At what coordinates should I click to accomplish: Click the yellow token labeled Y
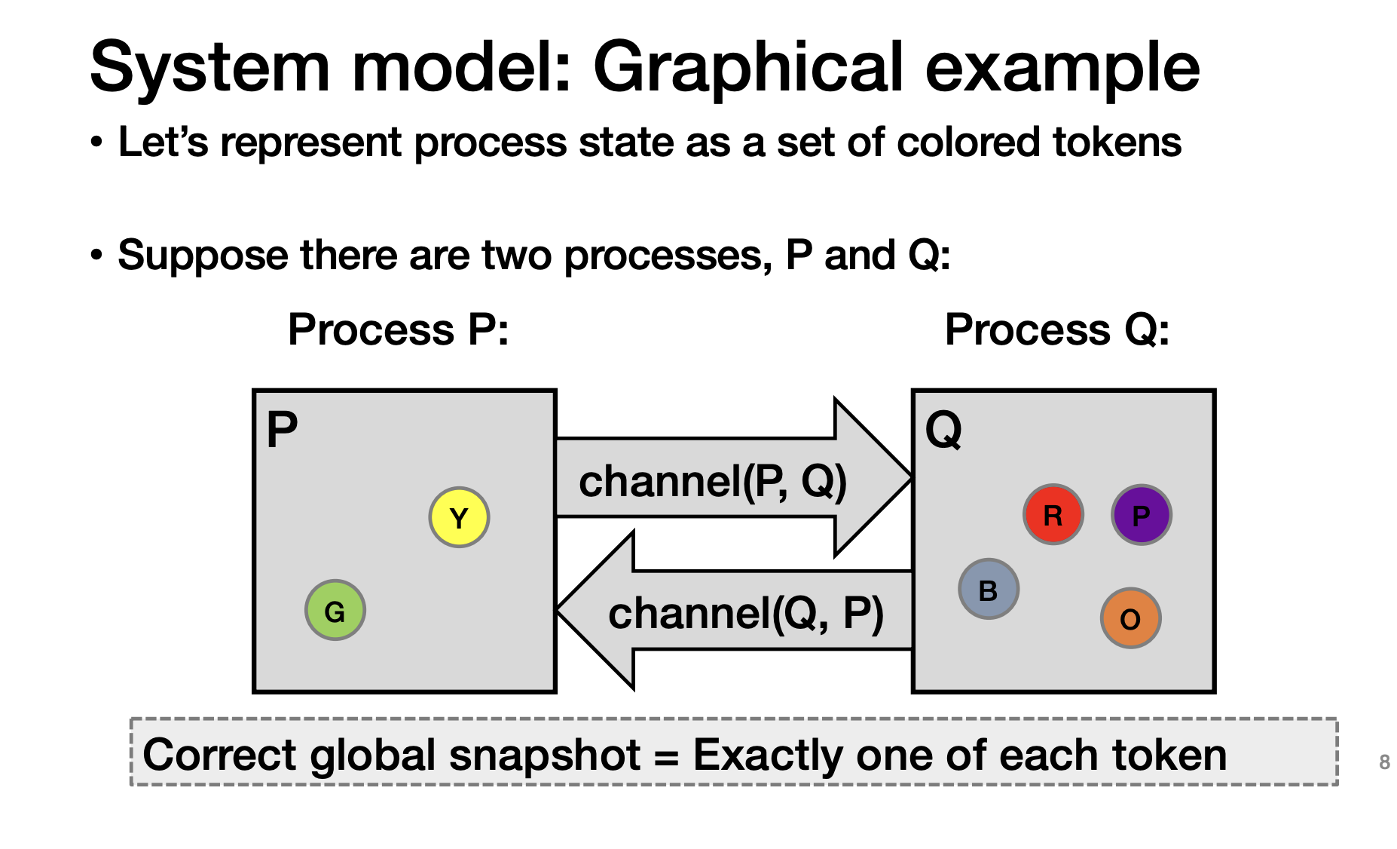click(x=459, y=517)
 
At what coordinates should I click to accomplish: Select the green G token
click(x=335, y=610)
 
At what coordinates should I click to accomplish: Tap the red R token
click(x=1053, y=514)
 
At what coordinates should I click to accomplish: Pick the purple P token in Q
click(x=1142, y=514)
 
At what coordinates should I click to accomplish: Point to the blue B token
click(x=989, y=589)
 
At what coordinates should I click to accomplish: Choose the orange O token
click(x=1130, y=618)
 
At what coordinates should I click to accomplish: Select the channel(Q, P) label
click(x=746, y=613)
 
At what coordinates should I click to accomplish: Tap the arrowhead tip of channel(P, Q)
click(x=912, y=477)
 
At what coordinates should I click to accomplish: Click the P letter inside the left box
click(x=283, y=430)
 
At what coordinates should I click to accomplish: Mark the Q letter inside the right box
click(x=943, y=430)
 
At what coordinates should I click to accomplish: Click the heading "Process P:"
click(x=399, y=329)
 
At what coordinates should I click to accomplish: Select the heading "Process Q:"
click(x=1057, y=329)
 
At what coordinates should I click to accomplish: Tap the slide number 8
click(x=1384, y=762)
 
